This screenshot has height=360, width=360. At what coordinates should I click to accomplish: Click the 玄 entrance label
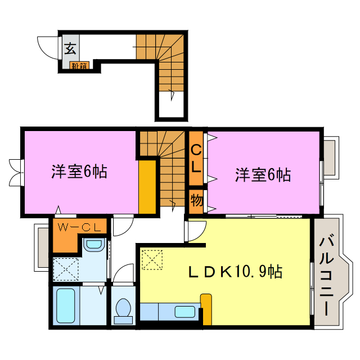[70, 48]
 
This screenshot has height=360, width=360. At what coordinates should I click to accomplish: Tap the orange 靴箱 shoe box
[79, 66]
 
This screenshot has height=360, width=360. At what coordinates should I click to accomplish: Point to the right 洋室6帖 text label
[263, 175]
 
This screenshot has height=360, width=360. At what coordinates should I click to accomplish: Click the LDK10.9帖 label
[235, 272]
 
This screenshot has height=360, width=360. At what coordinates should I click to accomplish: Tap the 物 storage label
[196, 200]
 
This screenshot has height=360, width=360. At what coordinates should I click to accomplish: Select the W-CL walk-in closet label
[79, 228]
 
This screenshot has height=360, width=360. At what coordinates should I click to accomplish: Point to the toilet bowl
[122, 309]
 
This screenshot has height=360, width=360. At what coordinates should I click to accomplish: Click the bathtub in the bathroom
[66, 307]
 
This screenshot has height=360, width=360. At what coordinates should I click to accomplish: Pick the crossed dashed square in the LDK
[152, 260]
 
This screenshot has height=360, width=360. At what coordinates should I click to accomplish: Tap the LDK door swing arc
[196, 231]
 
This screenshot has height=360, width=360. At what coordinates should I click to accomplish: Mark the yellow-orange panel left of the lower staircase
[147, 187]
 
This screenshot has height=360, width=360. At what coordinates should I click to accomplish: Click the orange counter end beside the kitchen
[206, 309]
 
